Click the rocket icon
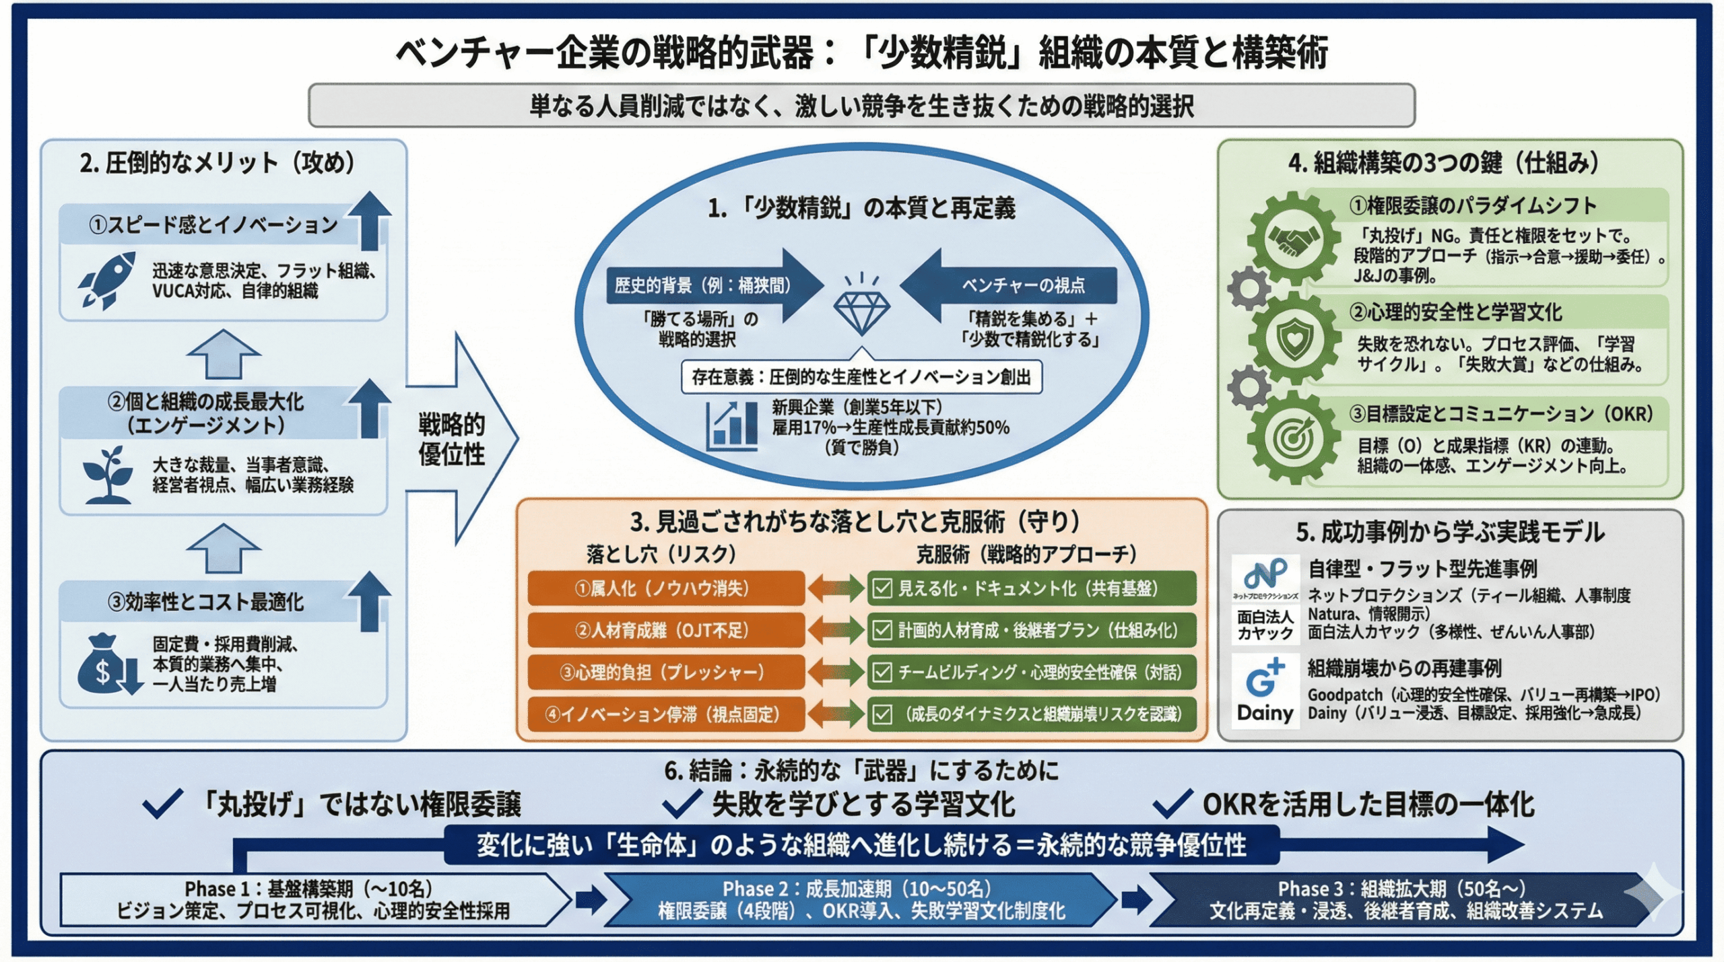[x=106, y=280]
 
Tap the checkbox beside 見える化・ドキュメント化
[x=882, y=588]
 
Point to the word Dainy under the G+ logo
[x=1265, y=713]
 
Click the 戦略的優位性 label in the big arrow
[x=451, y=439]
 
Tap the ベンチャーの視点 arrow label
[x=1022, y=285]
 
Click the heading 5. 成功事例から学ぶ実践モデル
[x=1450, y=532]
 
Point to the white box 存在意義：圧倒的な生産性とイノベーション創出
[x=861, y=377]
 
